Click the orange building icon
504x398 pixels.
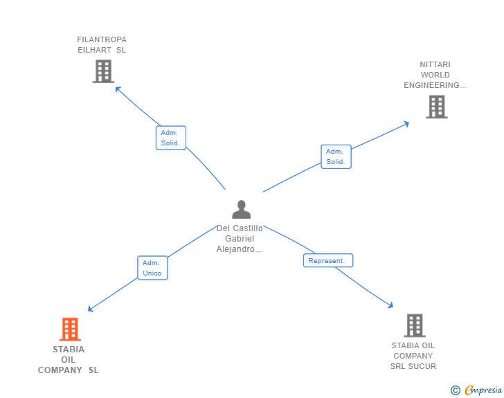[70, 329]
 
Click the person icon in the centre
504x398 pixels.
[242, 210]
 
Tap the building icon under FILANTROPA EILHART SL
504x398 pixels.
[104, 71]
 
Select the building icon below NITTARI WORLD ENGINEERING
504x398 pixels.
[437, 107]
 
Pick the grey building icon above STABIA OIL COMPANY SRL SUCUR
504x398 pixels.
[415, 325]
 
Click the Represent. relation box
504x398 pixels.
[328, 260]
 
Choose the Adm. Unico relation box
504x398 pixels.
[153, 268]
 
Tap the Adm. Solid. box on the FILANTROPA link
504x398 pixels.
[171, 138]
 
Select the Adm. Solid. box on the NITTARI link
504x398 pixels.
[336, 156]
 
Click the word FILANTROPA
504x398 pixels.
[102, 39]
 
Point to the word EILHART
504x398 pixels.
[94, 50]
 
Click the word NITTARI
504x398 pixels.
[435, 64]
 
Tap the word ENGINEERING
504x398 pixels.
[432, 85]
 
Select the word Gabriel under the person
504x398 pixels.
[240, 239]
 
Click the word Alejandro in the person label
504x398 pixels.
[235, 249]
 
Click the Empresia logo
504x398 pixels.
[483, 390]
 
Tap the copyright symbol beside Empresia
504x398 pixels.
[456, 390]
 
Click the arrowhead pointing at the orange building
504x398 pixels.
[90, 309]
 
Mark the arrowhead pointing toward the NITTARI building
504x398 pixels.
[406, 124]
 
